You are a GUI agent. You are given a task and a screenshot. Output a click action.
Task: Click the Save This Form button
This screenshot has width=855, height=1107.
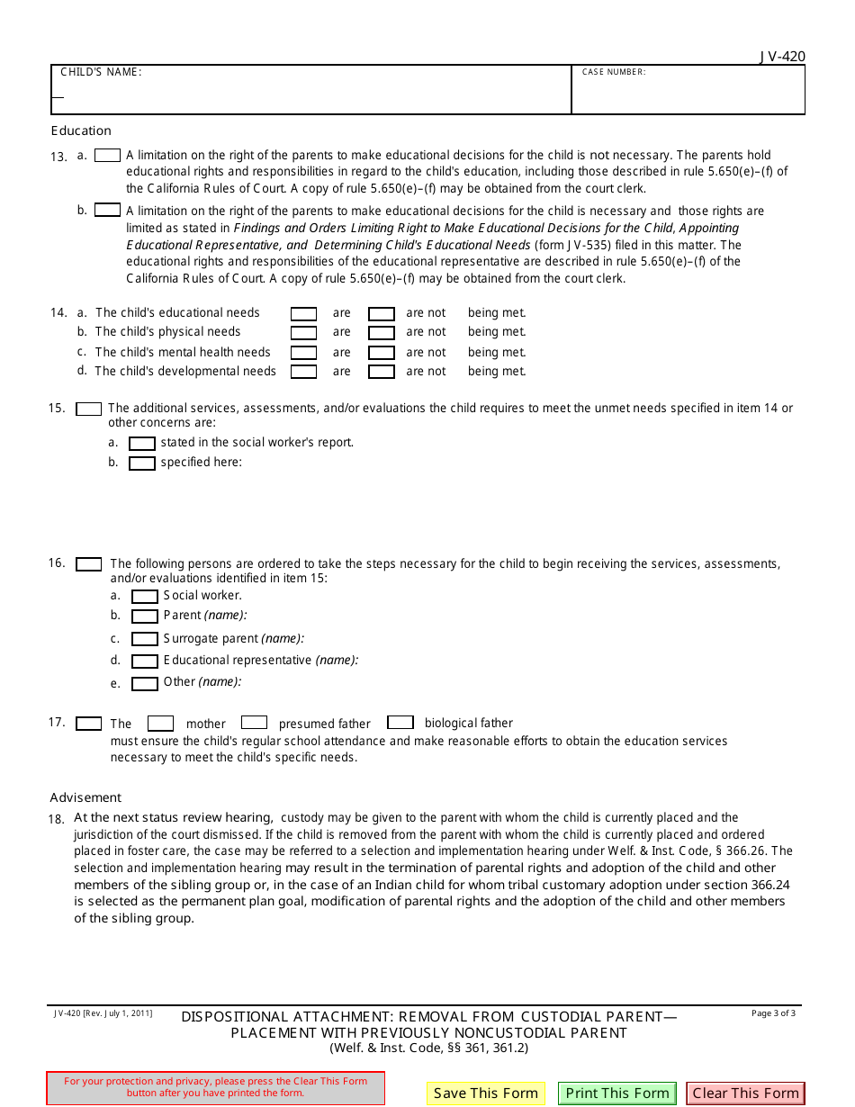[485, 1093]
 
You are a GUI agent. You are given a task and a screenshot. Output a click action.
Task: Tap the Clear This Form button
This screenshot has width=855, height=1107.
[745, 1093]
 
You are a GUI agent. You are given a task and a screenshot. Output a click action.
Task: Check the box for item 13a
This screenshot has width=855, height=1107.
[107, 156]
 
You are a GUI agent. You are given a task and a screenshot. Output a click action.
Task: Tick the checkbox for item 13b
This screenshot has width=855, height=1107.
[107, 210]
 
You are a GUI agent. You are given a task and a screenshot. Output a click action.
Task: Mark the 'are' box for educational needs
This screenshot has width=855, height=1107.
[303, 314]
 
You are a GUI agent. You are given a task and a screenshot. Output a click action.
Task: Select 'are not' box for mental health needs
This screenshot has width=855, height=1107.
[382, 354]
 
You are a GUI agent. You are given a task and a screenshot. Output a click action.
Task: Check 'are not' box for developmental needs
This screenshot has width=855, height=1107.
[382, 372]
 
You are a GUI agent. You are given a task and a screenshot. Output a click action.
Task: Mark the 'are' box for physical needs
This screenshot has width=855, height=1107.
[303, 333]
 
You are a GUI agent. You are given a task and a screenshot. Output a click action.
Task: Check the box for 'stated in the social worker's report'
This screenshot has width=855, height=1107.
[142, 444]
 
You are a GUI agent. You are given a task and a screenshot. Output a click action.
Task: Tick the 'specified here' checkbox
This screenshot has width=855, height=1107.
[142, 463]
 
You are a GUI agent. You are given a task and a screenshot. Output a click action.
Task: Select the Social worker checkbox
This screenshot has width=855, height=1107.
[145, 597]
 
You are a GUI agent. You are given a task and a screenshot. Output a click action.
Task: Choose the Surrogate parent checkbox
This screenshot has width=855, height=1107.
[145, 639]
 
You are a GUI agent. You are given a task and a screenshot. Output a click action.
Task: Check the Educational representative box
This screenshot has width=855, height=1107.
[145, 661]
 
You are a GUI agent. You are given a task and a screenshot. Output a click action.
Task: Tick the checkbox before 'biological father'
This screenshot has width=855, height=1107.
[400, 722]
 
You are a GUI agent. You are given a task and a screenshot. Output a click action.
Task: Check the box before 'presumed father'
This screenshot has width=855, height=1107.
[254, 722]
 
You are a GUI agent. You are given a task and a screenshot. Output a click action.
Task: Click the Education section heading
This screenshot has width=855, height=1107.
[81, 130]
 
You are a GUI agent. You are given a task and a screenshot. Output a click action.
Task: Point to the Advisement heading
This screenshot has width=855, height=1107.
[85, 797]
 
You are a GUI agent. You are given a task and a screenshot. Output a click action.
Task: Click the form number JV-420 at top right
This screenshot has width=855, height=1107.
[781, 57]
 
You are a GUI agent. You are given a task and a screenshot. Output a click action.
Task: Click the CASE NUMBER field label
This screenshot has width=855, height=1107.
[614, 72]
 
